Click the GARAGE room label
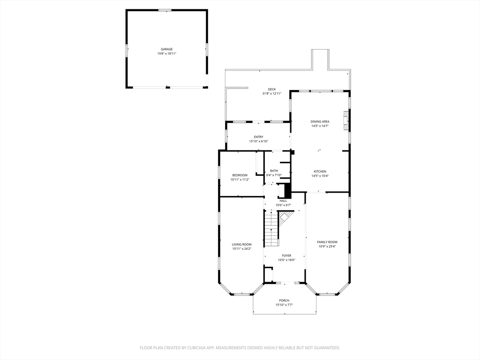point(167,49)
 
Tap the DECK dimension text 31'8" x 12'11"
point(272,94)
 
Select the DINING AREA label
point(320,121)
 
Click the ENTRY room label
point(259,137)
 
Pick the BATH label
point(274,171)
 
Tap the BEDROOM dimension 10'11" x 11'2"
point(240,180)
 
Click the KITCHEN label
point(320,172)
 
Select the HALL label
point(283,201)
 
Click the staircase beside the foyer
point(271,228)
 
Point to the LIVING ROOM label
point(242,244)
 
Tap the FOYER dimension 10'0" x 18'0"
point(286,260)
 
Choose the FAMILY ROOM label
point(327,242)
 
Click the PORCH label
point(284,300)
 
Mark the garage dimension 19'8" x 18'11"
point(167,53)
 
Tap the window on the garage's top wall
point(165,10)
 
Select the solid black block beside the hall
point(288,191)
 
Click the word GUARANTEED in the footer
point(328,348)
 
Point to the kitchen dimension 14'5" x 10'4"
point(320,176)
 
